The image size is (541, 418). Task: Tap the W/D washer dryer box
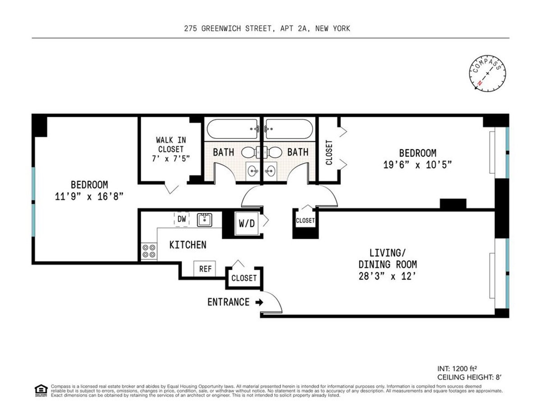point(246,223)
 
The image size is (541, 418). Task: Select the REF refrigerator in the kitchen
point(205,269)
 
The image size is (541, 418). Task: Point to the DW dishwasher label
point(182,219)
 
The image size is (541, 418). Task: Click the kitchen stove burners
point(149,251)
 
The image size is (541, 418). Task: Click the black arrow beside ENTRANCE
point(259,302)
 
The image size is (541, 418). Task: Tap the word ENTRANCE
point(228,302)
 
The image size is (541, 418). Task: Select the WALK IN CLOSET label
point(170,149)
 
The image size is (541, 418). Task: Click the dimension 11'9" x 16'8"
point(89,196)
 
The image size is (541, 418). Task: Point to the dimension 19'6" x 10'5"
point(417,165)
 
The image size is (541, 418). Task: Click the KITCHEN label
point(188,245)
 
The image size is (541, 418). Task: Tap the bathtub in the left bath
point(232,129)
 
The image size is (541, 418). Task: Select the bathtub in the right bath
point(290,129)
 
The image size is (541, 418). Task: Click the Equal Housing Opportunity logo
point(41,390)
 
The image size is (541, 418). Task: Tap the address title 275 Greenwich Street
point(267,28)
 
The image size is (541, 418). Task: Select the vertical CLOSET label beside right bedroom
point(329,152)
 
